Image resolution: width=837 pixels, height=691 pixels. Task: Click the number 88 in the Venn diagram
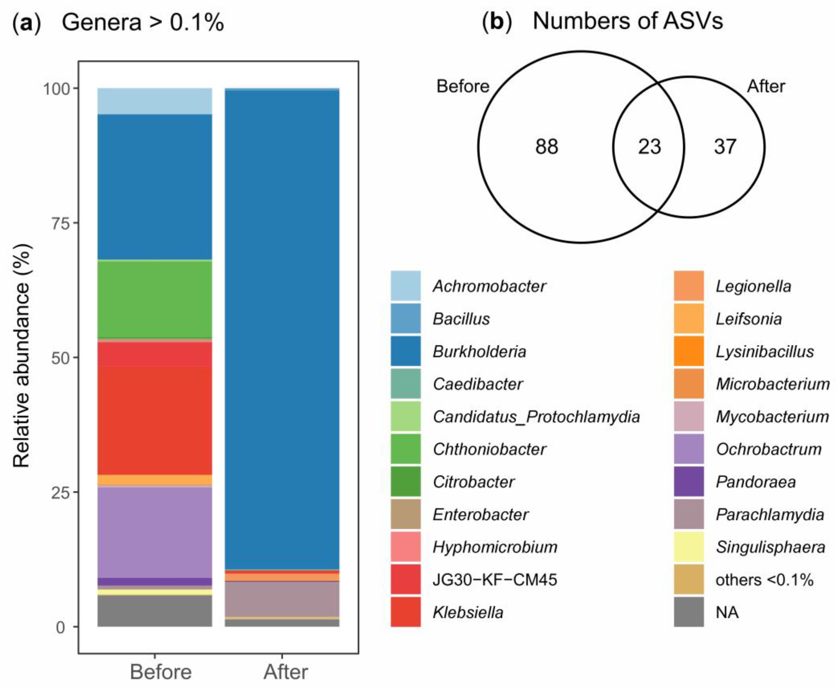click(546, 147)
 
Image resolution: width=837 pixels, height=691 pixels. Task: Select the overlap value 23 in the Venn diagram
click(649, 147)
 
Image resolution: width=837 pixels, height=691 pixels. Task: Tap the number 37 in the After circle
click(725, 147)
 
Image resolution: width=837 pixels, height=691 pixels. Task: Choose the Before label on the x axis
click(160, 672)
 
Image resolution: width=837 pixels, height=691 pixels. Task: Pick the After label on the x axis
click(285, 672)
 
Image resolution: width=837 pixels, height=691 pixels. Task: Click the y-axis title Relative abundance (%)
click(22, 356)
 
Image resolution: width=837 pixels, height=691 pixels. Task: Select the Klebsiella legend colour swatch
click(405, 612)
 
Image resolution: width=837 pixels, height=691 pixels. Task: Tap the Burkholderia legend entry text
click(479, 351)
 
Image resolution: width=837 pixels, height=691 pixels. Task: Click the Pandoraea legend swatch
click(689, 482)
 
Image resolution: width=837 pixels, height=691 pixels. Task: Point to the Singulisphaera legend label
click(770, 547)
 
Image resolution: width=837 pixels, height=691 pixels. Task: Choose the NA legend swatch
click(689, 612)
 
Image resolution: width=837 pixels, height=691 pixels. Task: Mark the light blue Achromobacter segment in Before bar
click(155, 101)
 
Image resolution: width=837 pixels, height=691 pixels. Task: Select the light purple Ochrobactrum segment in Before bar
click(155, 532)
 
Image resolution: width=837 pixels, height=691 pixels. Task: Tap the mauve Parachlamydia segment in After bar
click(282, 599)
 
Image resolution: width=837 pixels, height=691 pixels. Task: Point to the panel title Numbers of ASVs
click(627, 21)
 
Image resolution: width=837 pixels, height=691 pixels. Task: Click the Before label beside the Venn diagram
click(463, 86)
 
